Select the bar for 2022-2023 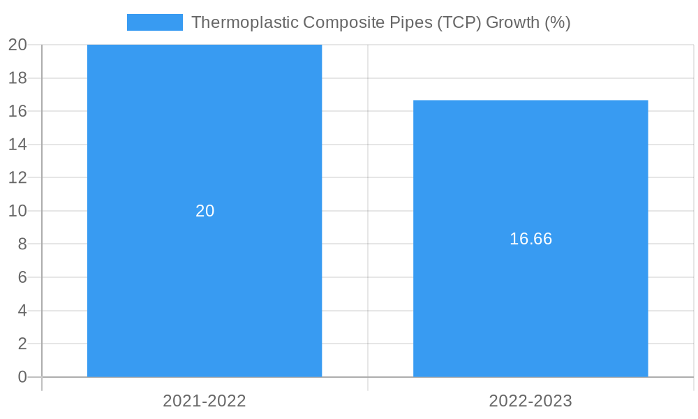pyautogui.click(x=530, y=307)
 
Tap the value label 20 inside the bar pyautogui.click(x=205, y=211)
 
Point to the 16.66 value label pyautogui.click(x=530, y=239)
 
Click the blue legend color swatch pyautogui.click(x=154, y=22)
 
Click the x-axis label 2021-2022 pyautogui.click(x=205, y=401)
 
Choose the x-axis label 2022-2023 pyautogui.click(x=530, y=401)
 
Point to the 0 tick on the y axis pyautogui.click(x=22, y=377)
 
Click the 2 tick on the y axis pyautogui.click(x=22, y=344)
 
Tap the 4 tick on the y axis pyautogui.click(x=22, y=311)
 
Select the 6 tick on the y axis pyautogui.click(x=22, y=277)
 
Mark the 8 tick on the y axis pyautogui.click(x=22, y=244)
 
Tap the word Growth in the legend pyautogui.click(x=512, y=22)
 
